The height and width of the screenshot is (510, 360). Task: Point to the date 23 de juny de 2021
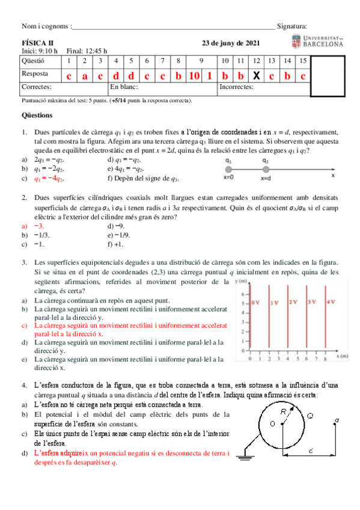(x=231, y=43)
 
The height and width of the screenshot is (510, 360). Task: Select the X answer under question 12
(x=256, y=75)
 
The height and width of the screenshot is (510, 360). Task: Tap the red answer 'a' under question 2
(x=85, y=75)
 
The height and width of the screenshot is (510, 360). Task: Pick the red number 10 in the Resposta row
(x=194, y=75)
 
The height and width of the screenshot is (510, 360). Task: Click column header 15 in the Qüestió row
(x=304, y=61)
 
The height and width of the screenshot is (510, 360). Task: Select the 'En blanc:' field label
(x=125, y=88)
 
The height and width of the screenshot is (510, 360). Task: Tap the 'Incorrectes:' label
(x=236, y=88)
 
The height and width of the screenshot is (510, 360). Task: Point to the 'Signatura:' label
(x=291, y=26)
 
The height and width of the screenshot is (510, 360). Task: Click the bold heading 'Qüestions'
(x=37, y=115)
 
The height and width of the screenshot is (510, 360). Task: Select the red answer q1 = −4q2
(x=49, y=179)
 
